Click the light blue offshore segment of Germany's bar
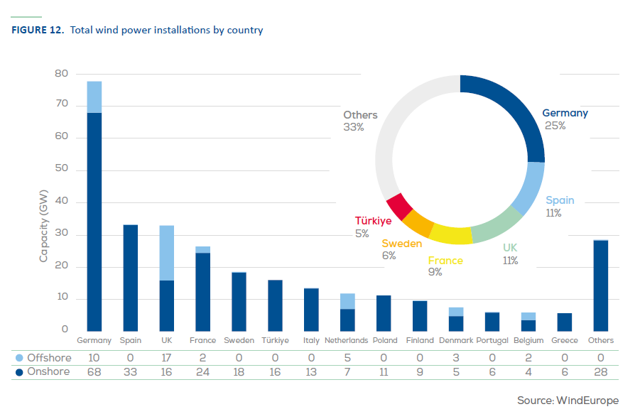(94, 97)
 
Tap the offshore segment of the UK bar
(167, 253)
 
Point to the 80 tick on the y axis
(61, 74)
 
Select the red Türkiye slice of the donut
(400, 206)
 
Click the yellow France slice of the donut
(451, 234)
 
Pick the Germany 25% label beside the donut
(565, 119)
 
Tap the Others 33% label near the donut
(360, 121)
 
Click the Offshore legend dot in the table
(19, 358)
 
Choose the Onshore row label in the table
(48, 371)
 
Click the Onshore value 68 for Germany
(94, 371)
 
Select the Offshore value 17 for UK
(167, 358)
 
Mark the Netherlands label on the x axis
(346, 341)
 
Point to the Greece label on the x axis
(565, 341)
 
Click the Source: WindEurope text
(568, 401)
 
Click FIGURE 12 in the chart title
(38, 31)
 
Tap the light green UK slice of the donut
(497, 226)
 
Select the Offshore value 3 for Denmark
(455, 358)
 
